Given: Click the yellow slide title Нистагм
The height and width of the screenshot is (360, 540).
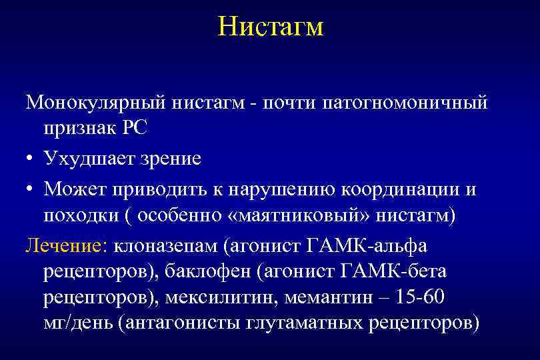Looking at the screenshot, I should pos(270,27).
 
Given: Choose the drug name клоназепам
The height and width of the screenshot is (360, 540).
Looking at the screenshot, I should pos(167,246).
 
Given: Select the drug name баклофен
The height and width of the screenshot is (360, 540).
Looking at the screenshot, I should pos(210,271).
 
